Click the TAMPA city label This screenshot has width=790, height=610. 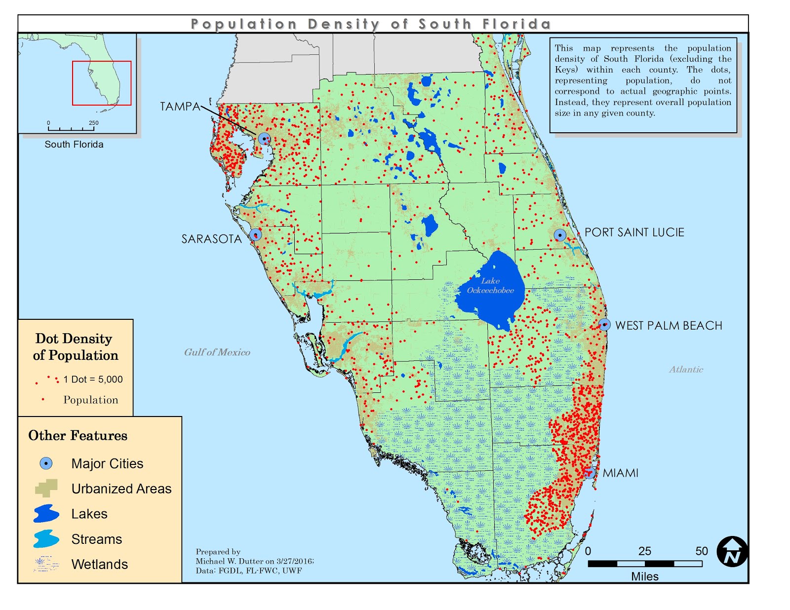180,107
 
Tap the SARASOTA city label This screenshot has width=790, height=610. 211,239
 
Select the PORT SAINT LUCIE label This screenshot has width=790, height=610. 634,232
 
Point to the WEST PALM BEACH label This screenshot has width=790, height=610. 669,326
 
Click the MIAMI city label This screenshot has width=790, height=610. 620,473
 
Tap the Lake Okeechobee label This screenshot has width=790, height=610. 490,286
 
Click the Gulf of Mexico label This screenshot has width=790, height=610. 217,352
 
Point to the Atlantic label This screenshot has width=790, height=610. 686,370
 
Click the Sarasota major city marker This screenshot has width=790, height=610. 255,235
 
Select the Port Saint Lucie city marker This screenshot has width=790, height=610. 560,235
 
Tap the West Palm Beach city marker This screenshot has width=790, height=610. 605,325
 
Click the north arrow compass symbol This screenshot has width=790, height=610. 732,552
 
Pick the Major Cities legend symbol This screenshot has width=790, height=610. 46,463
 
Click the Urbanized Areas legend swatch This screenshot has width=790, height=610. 46,488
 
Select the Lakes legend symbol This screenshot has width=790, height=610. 46,514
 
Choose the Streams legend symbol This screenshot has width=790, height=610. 46,539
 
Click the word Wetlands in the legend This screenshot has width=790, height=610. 99,565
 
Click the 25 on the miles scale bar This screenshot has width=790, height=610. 644,551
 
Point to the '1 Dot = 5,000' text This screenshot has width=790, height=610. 93,380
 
